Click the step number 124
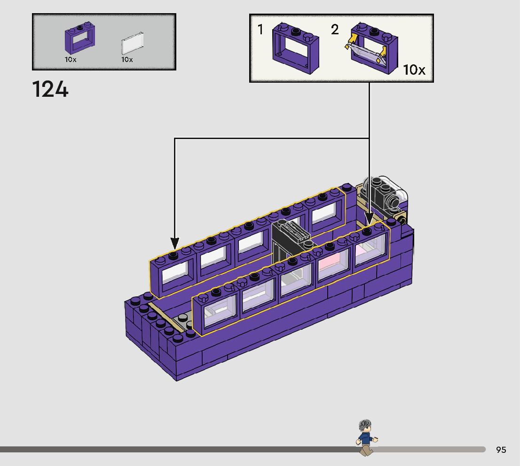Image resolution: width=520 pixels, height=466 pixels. click(x=50, y=89)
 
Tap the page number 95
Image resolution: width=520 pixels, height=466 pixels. click(x=501, y=450)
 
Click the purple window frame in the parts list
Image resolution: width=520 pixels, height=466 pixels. click(x=80, y=39)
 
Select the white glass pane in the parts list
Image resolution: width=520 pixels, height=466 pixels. click(x=132, y=43)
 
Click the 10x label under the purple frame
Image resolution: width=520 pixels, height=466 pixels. click(x=71, y=60)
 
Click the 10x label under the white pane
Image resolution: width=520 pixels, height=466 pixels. click(x=127, y=60)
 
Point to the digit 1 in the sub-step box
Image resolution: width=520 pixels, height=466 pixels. click(x=260, y=29)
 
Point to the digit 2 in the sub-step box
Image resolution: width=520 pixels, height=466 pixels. click(x=335, y=30)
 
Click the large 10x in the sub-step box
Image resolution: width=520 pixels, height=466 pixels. click(x=414, y=70)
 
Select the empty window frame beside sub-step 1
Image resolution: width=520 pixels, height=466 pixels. click(x=295, y=48)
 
